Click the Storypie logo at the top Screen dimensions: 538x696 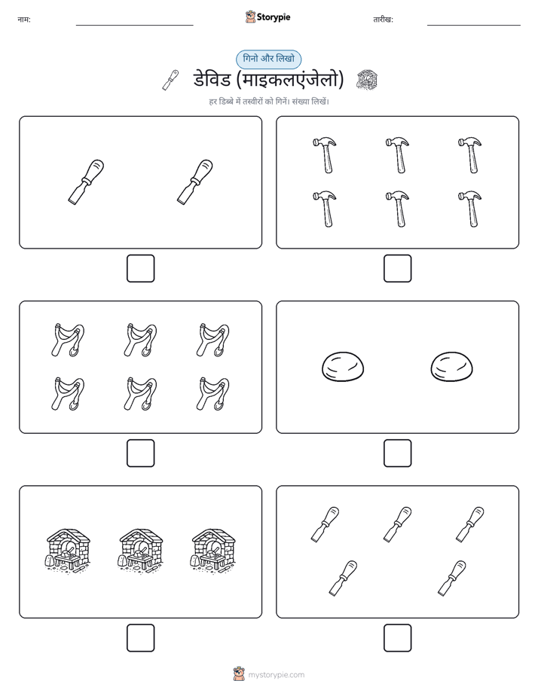click(x=267, y=17)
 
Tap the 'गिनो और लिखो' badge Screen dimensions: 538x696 click(x=268, y=59)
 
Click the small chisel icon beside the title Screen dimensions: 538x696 click(x=171, y=80)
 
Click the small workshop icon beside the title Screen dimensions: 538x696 click(x=367, y=80)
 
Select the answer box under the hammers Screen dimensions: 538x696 click(x=397, y=269)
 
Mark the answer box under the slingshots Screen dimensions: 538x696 click(x=140, y=453)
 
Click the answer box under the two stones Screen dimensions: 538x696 click(x=397, y=453)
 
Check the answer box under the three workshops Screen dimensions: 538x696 click(x=140, y=638)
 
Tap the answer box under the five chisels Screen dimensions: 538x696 click(x=397, y=638)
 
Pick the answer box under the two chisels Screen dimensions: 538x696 click(x=140, y=269)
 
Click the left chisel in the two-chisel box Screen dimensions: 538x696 click(x=86, y=182)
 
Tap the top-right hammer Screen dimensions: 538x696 click(x=469, y=155)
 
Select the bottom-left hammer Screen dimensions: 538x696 click(x=325, y=209)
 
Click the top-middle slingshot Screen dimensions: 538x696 click(x=140, y=340)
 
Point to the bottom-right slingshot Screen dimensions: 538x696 click(x=213, y=394)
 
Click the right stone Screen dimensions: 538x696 click(x=451, y=367)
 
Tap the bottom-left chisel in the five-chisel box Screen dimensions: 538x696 click(x=343, y=578)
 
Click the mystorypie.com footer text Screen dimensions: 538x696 click(x=276, y=675)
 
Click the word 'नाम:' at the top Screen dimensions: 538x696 click(x=24, y=20)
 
